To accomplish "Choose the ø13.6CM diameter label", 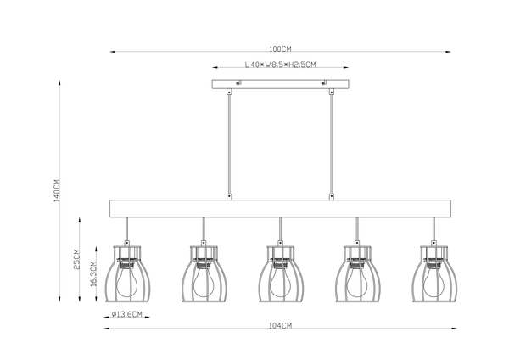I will coord(126,315).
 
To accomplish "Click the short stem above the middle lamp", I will coord(280,229).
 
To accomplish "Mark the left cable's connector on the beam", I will coord(229,196).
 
